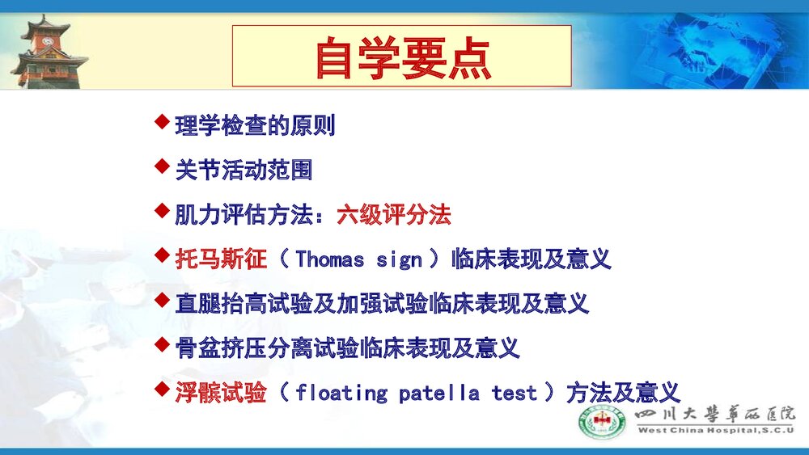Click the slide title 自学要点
point(402,57)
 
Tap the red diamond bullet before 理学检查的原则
point(162,123)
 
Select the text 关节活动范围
point(244,171)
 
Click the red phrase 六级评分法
point(394,215)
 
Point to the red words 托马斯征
point(221,259)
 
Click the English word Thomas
point(330,259)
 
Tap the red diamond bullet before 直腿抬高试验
point(162,301)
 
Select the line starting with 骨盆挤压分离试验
point(347,348)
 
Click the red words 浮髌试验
point(221,394)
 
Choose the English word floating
point(342,394)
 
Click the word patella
point(439,394)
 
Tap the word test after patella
point(515,394)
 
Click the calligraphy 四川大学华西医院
point(715,413)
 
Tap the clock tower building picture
point(47,52)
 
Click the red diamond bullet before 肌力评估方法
point(162,212)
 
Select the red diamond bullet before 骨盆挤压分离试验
point(162,345)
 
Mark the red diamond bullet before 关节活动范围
point(162,167)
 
